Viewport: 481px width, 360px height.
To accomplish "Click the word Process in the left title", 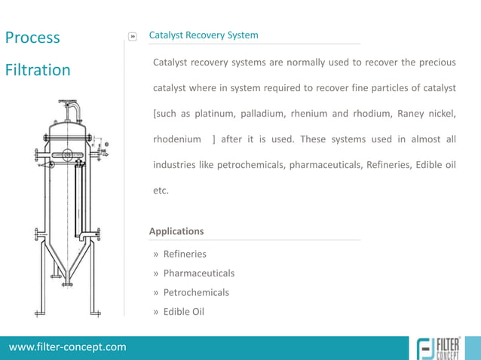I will (x=32, y=38).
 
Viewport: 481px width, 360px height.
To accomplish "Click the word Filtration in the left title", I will (x=38, y=70).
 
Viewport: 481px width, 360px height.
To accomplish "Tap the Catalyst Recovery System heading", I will (x=204, y=35).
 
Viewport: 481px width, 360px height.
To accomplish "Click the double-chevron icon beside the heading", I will (x=133, y=36).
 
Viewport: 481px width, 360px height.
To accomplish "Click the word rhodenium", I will (x=177, y=139).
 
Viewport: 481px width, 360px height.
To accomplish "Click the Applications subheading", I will (x=176, y=231).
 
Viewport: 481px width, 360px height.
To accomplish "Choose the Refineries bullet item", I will (x=185, y=254).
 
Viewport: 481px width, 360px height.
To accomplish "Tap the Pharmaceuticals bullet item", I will (x=198, y=273).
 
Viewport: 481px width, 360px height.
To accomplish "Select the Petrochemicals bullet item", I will (x=196, y=292).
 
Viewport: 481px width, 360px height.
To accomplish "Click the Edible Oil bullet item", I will (x=184, y=312).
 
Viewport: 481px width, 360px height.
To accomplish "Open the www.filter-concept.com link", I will (x=68, y=347).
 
